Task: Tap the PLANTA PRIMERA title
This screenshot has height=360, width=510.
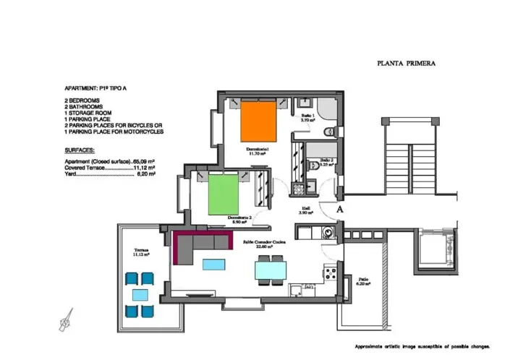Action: point(406,64)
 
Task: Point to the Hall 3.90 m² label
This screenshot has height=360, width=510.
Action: point(306,211)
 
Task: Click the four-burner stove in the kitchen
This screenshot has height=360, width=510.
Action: point(331,274)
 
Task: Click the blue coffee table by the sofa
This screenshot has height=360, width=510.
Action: point(213,264)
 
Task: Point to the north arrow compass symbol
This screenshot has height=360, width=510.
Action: point(67,319)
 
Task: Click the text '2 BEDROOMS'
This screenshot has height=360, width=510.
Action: point(82,99)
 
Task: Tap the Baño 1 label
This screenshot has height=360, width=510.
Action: point(307,117)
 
